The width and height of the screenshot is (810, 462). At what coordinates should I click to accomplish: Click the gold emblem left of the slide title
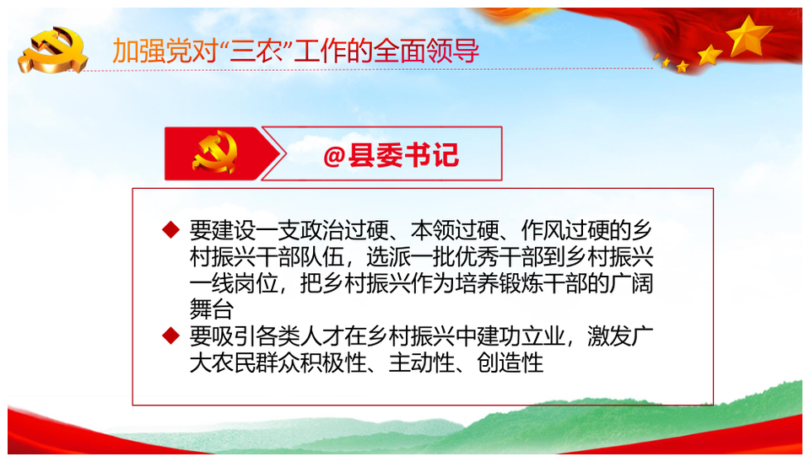tap(52, 50)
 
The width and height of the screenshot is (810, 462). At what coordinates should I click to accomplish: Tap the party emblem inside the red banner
tap(215, 153)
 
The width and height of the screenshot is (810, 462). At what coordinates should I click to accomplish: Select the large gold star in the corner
tap(748, 35)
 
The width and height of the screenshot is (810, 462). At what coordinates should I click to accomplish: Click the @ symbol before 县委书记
tap(334, 155)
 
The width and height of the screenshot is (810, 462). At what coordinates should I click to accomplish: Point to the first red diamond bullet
tap(170, 229)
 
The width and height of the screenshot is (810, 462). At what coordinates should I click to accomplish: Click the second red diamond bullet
tap(170, 336)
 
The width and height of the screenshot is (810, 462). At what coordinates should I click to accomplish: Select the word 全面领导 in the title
tap(426, 51)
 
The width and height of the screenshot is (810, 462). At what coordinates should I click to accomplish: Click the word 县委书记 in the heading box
tap(403, 155)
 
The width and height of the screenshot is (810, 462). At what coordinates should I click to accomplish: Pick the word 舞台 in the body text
tap(211, 309)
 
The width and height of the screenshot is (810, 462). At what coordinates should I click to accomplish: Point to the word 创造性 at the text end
tap(510, 363)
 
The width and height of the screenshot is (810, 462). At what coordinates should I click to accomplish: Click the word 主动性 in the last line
tap(422, 363)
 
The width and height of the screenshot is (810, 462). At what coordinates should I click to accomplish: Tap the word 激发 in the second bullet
tap(609, 336)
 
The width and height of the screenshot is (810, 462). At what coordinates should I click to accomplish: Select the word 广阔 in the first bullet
tap(631, 283)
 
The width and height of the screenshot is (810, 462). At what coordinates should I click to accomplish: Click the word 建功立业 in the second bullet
tap(521, 336)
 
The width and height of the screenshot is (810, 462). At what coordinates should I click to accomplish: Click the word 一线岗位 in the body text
tap(234, 283)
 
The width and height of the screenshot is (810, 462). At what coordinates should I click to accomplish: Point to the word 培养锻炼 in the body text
tap(499, 283)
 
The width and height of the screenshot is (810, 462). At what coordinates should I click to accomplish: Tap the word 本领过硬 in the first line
tap(455, 230)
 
